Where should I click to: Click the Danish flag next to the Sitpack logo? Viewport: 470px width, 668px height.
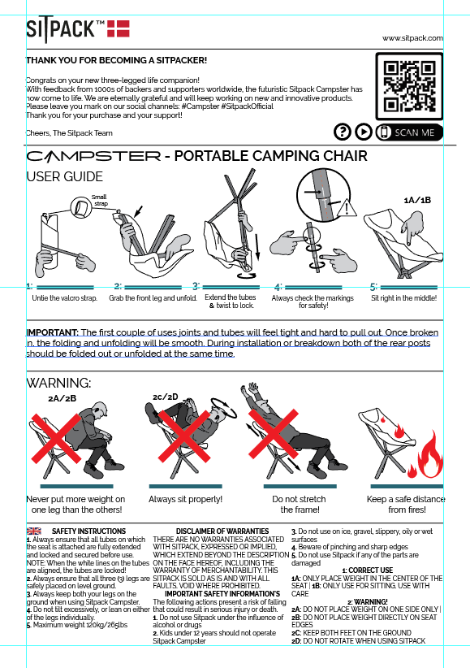pos(118,28)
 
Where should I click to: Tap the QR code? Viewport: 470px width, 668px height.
pos(410,86)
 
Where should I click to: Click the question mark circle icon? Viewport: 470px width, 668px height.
pos(343,132)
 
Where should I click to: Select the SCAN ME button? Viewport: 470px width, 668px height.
pos(410,132)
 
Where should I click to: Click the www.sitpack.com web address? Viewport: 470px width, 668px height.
pos(412,38)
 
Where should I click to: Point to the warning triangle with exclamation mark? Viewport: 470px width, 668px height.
pos(347,208)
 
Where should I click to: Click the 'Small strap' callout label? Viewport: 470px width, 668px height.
pos(99,200)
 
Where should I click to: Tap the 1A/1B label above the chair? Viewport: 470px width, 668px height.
pos(417,200)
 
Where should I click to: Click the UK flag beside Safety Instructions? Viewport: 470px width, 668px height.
pos(33,531)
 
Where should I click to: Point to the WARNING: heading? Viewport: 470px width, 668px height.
pos(58,383)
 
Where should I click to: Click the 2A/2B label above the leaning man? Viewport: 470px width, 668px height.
pos(63,399)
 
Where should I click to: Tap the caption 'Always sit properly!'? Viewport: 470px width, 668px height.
pos(186,499)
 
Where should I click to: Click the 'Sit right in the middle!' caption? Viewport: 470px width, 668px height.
pos(404,298)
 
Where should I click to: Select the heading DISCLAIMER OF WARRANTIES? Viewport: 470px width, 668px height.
pos(222,531)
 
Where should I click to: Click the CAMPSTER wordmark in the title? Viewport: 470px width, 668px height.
pos(93,156)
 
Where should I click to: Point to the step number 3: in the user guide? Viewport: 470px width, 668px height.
pos(196,286)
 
